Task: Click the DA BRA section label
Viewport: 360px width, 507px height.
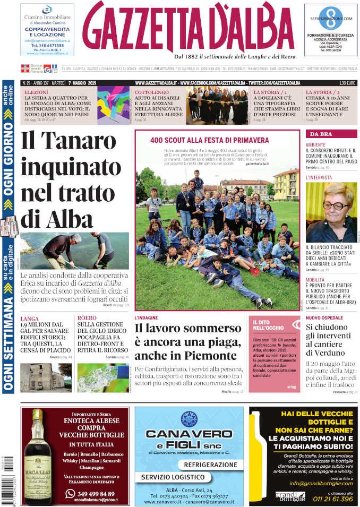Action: [x=321, y=134]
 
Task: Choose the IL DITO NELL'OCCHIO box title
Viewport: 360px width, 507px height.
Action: [x=269, y=325]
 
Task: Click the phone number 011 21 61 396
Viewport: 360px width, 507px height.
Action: [x=332, y=499]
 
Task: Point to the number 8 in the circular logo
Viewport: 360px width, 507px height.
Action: [x=330, y=16]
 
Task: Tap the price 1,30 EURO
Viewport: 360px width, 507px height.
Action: [x=347, y=83]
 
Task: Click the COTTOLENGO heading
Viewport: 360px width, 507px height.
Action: [x=151, y=92]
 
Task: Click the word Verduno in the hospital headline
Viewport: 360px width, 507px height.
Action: [x=331, y=353]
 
